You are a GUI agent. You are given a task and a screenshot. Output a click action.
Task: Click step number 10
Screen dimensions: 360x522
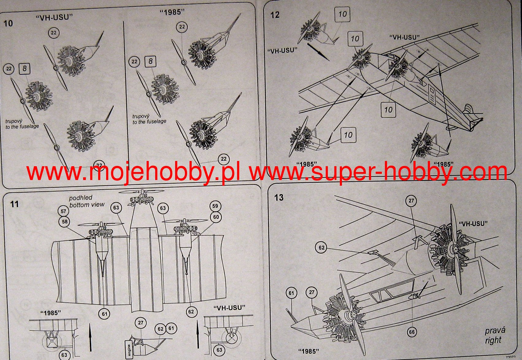click(x=8, y=23)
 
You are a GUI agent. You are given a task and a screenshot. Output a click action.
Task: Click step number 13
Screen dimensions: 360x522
click(x=279, y=197)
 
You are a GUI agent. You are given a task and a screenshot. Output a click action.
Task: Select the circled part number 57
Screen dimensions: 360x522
click(x=63, y=211)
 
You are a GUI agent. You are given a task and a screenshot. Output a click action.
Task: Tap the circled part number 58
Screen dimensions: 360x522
click(x=64, y=222)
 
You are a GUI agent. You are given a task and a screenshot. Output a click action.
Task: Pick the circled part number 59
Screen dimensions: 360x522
click(x=215, y=206)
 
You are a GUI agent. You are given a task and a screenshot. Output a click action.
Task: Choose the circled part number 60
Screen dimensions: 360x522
click(x=216, y=217)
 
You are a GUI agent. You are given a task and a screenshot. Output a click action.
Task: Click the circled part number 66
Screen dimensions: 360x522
click(x=411, y=332)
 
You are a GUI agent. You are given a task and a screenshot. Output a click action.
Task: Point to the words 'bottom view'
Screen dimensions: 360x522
click(x=87, y=205)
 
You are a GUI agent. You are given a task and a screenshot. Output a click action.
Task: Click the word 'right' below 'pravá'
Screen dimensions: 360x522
click(x=493, y=340)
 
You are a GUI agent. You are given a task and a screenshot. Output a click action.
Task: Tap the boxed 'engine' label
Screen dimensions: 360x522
click(x=129, y=349)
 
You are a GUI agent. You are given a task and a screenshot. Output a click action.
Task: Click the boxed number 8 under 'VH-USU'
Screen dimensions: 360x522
click(x=25, y=69)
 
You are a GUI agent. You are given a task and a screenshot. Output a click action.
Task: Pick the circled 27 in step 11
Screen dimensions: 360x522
click(x=140, y=323)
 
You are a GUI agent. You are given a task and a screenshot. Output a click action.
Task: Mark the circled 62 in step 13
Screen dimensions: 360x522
click(x=321, y=248)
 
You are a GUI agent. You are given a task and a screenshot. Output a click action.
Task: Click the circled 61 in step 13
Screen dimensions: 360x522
click(x=291, y=293)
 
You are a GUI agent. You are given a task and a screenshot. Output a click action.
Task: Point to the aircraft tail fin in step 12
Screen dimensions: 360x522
click(x=468, y=110)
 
